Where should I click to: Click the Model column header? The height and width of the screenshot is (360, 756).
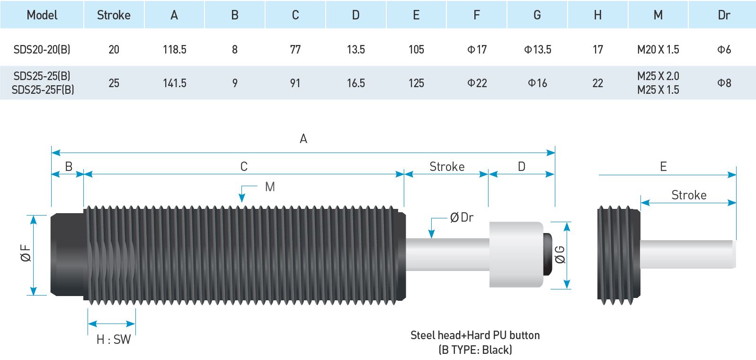[x=42, y=15]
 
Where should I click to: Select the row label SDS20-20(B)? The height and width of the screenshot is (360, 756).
[x=42, y=49]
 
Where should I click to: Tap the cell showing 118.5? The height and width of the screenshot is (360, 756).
[x=175, y=49]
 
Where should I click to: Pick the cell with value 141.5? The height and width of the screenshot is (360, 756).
[x=175, y=83]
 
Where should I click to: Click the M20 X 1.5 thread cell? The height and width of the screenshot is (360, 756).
[x=658, y=49]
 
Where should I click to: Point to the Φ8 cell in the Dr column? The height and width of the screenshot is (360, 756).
[x=724, y=83]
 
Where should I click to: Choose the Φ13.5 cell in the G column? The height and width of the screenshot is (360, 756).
[x=537, y=49]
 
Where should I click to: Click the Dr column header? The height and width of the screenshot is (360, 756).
[x=724, y=15]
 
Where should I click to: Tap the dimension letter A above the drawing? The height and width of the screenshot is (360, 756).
[x=303, y=139]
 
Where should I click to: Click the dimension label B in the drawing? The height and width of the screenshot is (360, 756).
[x=69, y=167]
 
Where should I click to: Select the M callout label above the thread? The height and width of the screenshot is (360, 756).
[x=270, y=187]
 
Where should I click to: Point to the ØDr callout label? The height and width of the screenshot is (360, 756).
[x=462, y=217]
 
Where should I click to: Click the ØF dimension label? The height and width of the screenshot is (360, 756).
[x=26, y=253]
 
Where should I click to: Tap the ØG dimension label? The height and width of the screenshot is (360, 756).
[x=560, y=255]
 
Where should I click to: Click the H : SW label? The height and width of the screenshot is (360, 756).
[x=114, y=340]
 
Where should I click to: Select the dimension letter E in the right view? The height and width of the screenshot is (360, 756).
[x=663, y=167]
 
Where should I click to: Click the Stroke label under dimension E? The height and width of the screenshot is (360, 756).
[x=689, y=195]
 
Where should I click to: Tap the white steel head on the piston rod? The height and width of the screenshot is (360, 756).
[x=516, y=254]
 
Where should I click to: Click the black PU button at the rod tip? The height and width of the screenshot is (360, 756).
[x=548, y=254]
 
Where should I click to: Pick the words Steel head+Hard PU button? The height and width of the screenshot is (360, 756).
[x=475, y=335]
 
